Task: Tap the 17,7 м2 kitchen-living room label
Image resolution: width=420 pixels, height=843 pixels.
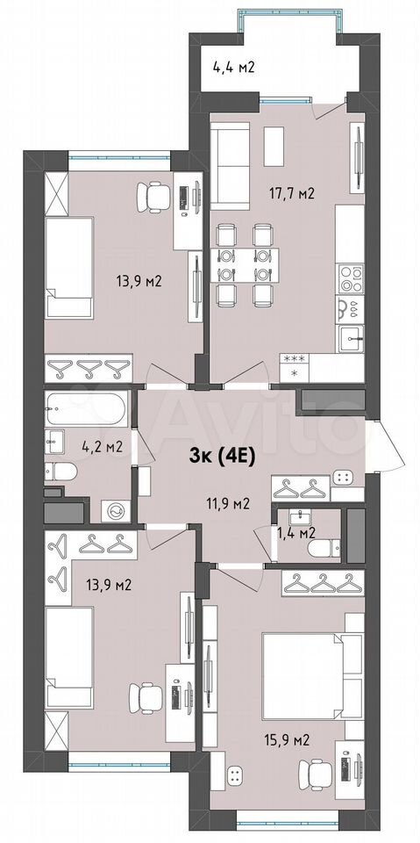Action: pyautogui.click(x=291, y=193)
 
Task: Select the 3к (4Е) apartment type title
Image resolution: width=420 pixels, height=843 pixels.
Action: pyautogui.click(x=222, y=457)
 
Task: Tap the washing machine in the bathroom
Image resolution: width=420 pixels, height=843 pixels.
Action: pyautogui.click(x=115, y=511)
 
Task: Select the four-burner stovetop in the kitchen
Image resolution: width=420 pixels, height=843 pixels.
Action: pyautogui.click(x=351, y=279)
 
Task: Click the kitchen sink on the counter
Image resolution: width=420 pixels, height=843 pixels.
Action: pyautogui.click(x=351, y=338)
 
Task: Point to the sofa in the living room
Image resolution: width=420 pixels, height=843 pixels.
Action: pyautogui.click(x=230, y=166)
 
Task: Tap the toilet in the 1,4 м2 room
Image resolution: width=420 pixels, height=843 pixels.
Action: pyautogui.click(x=324, y=549)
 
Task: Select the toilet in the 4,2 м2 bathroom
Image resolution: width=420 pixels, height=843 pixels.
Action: pyautogui.click(x=61, y=472)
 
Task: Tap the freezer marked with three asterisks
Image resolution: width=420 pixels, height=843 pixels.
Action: pyautogui.click(x=294, y=358)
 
